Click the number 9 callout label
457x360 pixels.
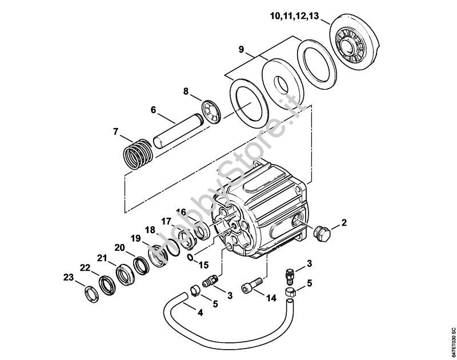[x=242, y=50]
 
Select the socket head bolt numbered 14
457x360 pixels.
[x=253, y=284]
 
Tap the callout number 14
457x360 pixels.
[x=271, y=298]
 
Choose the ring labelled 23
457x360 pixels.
[x=90, y=295]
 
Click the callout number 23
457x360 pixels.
[x=69, y=278]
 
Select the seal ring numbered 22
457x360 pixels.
[x=106, y=284]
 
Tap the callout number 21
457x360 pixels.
[x=102, y=258]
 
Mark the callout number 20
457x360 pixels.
[x=119, y=247]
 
